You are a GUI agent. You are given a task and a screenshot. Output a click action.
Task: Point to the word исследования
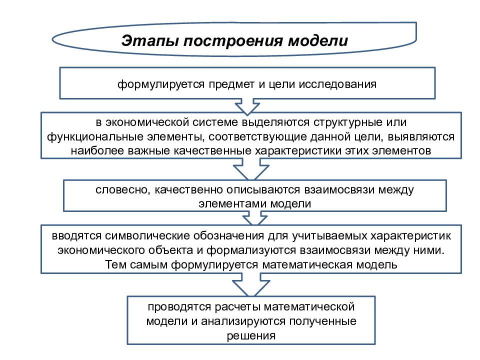pyautogui.click(x=337, y=84)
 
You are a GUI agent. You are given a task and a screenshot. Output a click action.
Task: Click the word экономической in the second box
pyautogui.click(x=147, y=122)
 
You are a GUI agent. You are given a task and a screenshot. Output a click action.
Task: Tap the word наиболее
pyautogui.click(x=97, y=150)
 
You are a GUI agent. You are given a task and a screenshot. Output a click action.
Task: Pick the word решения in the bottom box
pyautogui.click(x=251, y=336)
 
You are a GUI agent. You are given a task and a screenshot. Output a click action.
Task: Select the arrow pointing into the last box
pyautogui.click(x=251, y=284)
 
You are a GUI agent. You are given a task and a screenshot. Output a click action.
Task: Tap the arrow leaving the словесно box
pyautogui.click(x=254, y=218)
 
